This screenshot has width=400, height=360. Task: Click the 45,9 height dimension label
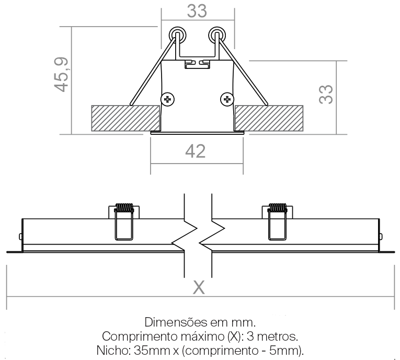pyautogui.click(x=62, y=74)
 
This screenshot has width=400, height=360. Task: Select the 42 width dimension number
pyautogui.click(x=196, y=151)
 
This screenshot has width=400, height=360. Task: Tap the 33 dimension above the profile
pyautogui.click(x=197, y=11)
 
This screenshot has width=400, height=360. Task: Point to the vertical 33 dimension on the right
pyautogui.click(x=326, y=94)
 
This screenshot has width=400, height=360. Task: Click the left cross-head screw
pyautogui.click(x=168, y=99)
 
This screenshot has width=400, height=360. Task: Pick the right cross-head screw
pyautogui.click(x=227, y=99)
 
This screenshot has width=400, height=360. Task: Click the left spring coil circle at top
pyautogui.click(x=177, y=34)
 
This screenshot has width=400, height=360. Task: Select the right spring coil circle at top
pyautogui.click(x=217, y=34)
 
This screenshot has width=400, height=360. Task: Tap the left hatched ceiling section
pyautogui.click(x=125, y=118)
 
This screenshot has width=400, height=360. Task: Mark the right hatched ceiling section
pyautogui.click(x=269, y=118)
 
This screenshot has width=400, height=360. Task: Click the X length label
pyautogui.click(x=199, y=287)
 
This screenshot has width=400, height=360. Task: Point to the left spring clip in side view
pyautogui.click(x=124, y=222)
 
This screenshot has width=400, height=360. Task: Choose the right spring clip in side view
pyautogui.click(x=277, y=222)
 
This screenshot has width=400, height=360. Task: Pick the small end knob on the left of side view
pyautogui.click(x=20, y=237)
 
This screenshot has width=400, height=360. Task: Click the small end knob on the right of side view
pyautogui.click(x=381, y=237)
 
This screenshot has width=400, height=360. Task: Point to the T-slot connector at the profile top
pyautogui.click(x=197, y=64)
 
